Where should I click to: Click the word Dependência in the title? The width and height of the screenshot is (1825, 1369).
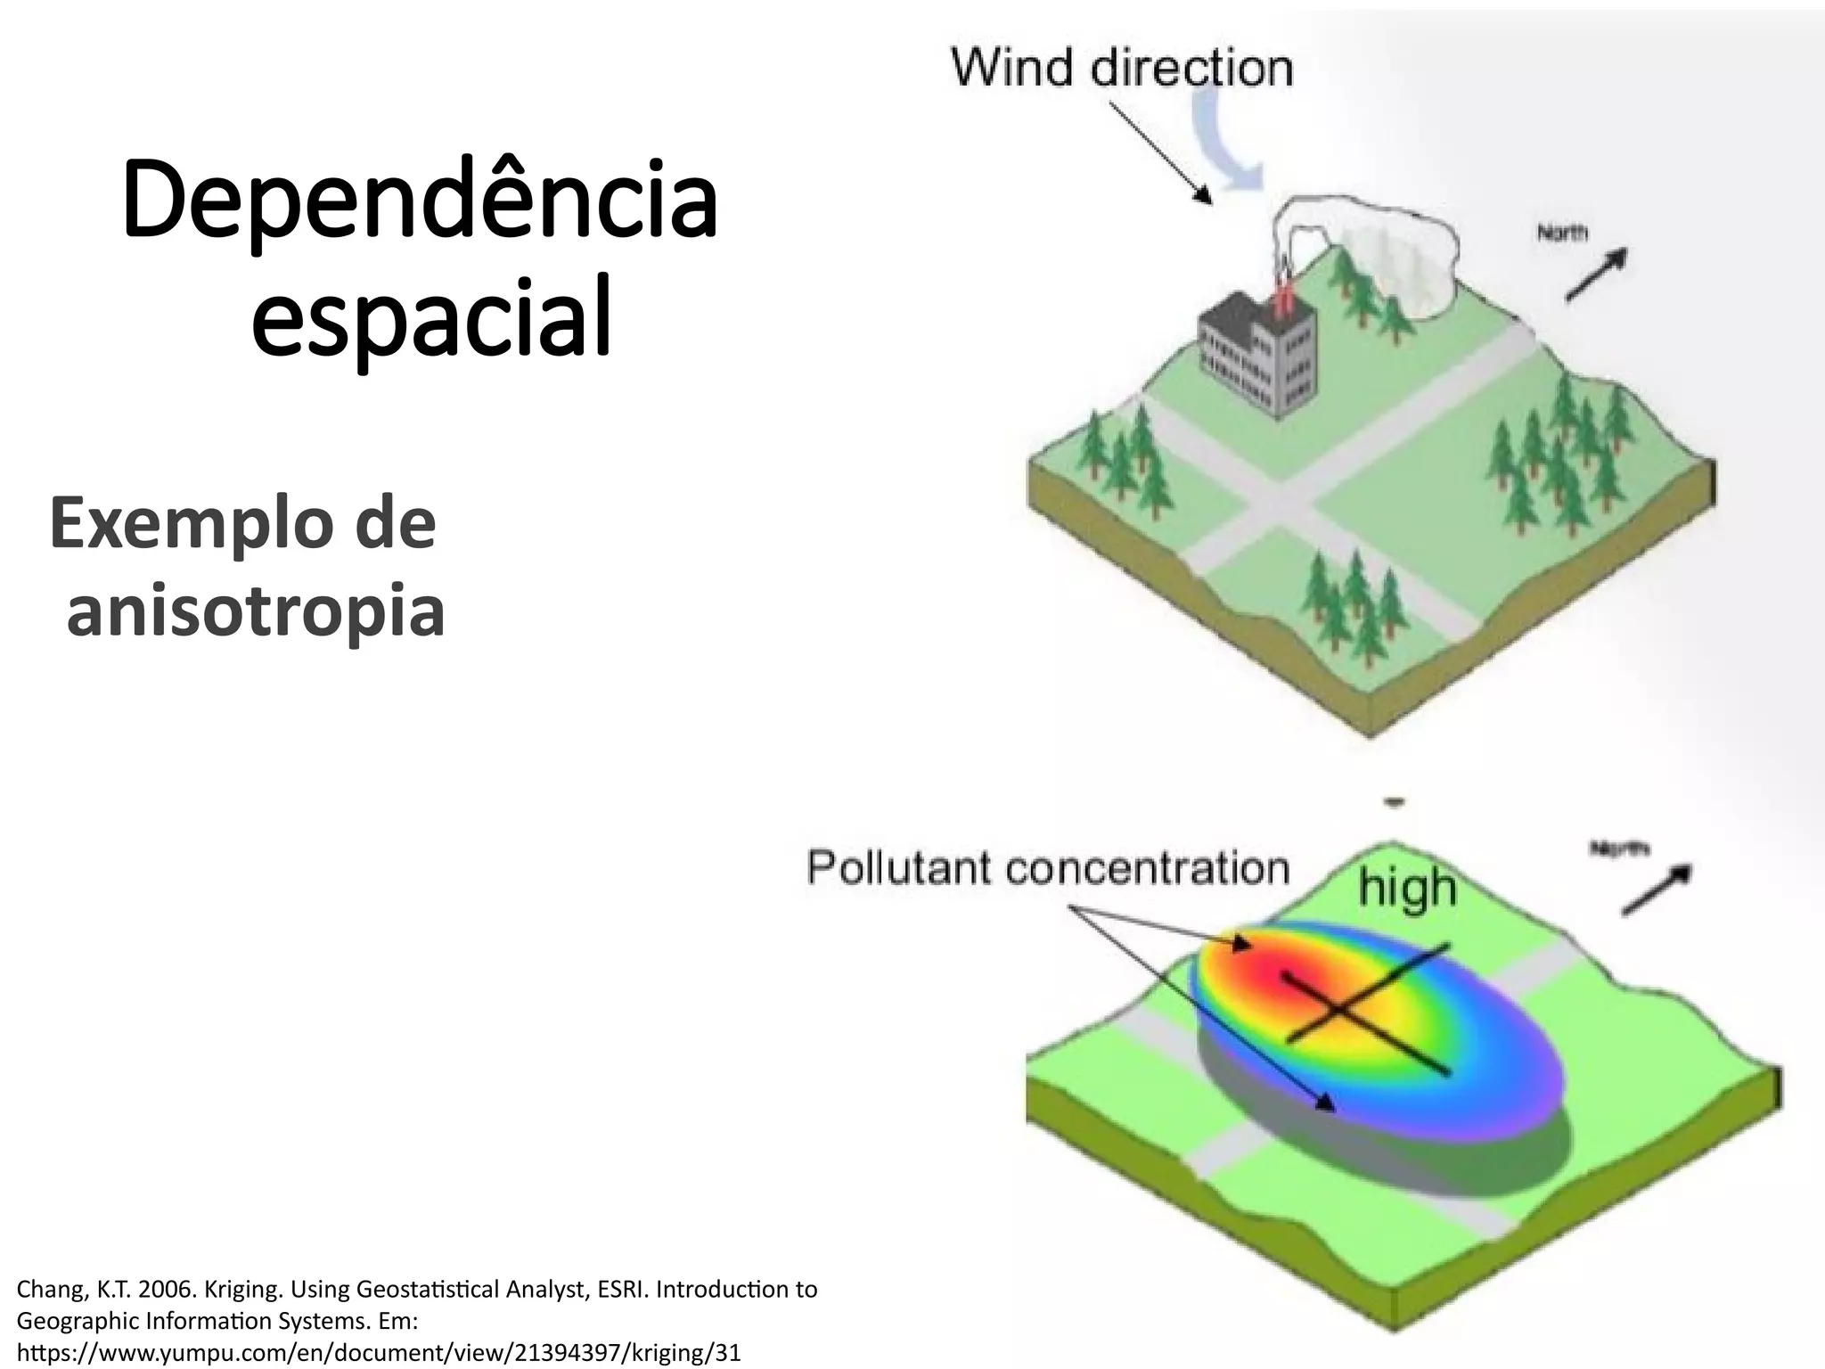pos(419,201)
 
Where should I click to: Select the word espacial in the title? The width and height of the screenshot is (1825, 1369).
pos(431,316)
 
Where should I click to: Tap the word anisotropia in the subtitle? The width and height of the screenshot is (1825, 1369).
pos(256,611)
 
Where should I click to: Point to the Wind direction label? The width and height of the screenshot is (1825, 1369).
pos(1123,68)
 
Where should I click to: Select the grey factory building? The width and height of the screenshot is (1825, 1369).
pos(1256,357)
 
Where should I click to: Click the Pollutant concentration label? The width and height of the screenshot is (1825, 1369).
pos(1048,868)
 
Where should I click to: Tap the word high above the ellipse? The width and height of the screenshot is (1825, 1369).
pos(1407,889)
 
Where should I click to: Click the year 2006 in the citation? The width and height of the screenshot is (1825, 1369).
pos(166,1289)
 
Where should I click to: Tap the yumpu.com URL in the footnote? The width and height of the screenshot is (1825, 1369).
pos(379,1352)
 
